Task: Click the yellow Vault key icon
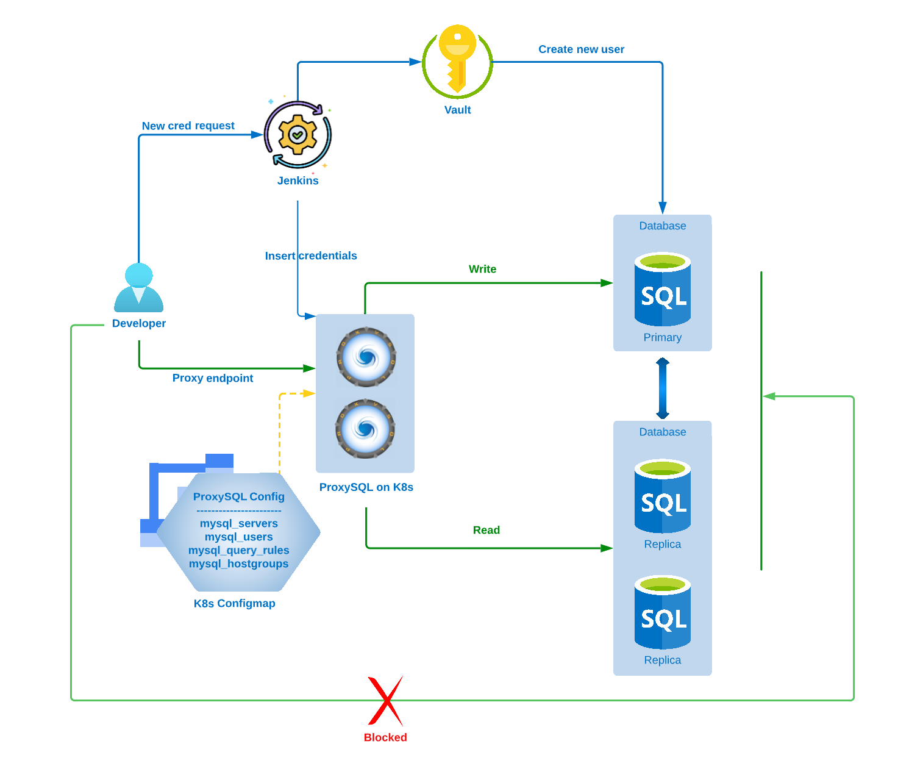[x=457, y=60]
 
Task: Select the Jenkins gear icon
[x=298, y=134]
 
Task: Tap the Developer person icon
[x=139, y=288]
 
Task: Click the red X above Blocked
[x=385, y=701]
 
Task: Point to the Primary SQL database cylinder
[x=663, y=290]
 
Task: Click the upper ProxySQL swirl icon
[x=366, y=357]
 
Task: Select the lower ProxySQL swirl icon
[x=365, y=429]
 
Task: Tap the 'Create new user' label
[x=581, y=49]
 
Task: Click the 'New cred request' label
[x=188, y=126]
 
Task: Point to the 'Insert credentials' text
[x=311, y=256]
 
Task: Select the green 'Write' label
[x=482, y=269]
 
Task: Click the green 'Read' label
[x=486, y=530]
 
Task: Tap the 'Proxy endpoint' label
[x=212, y=378]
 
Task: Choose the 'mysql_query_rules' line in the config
[x=238, y=550]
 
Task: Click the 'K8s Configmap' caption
[x=234, y=603]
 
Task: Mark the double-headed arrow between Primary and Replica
[x=663, y=388]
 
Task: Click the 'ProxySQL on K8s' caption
[x=366, y=487]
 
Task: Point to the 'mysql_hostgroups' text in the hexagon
[x=238, y=564]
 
